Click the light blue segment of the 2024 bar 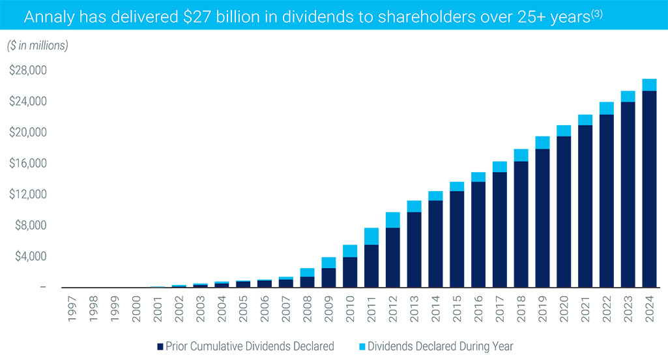(x=649, y=85)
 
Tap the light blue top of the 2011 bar (x=371, y=236)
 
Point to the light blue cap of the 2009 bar (x=328, y=262)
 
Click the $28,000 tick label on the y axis (x=28, y=70)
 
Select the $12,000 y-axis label (x=28, y=194)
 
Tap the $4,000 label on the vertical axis (x=30, y=256)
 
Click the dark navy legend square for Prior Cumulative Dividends (x=160, y=346)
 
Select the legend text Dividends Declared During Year (x=441, y=346)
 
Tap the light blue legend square (x=362, y=346)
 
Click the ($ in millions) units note (x=38, y=46)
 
